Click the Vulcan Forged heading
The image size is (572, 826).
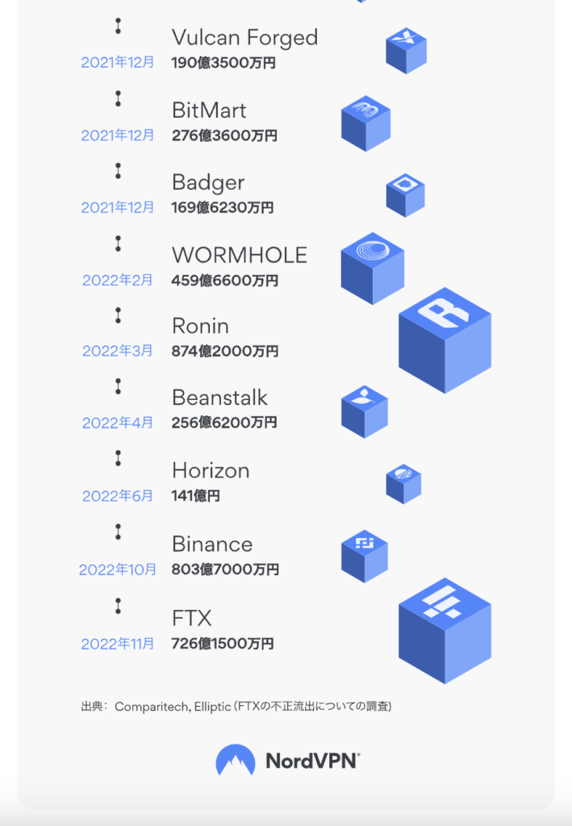coord(244,38)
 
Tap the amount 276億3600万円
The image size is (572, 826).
coord(224,136)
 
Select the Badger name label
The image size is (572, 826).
coord(208,183)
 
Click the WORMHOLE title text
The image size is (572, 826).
coord(240,256)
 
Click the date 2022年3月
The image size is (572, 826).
coord(118,352)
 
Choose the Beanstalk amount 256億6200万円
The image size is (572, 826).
coord(224,423)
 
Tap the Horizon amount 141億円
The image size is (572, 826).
coord(196,496)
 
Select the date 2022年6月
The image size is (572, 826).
coord(118,496)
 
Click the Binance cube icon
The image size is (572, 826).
coord(365,556)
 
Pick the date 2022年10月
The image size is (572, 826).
coord(118,569)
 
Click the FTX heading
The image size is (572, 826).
coord(192,619)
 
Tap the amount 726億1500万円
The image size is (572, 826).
coord(223,644)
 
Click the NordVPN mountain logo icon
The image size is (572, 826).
coord(236,760)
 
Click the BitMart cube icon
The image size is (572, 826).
coord(365,123)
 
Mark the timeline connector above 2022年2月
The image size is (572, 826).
coord(118,244)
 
